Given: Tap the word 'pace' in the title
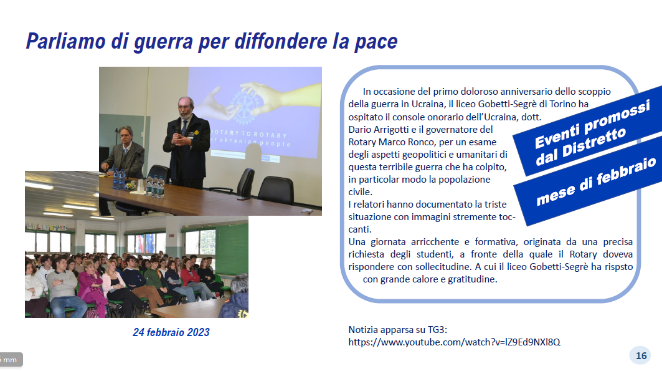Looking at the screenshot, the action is (x=376, y=42).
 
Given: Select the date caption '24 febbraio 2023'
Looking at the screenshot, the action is (x=171, y=332).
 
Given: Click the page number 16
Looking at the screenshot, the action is (x=641, y=356).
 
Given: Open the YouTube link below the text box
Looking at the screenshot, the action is (x=454, y=342).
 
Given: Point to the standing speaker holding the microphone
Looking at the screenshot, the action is (x=186, y=143).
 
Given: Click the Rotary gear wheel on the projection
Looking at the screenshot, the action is (x=245, y=108).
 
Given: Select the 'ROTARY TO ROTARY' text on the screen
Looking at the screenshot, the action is (x=249, y=135).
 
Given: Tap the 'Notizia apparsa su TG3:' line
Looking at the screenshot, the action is (x=398, y=330).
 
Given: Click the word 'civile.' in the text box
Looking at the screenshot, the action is (x=360, y=192).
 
